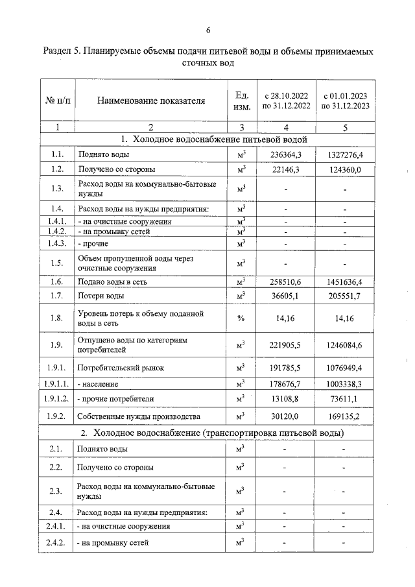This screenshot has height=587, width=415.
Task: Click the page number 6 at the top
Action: pos(208,30)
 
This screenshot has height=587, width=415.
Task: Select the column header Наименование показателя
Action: pos(150,101)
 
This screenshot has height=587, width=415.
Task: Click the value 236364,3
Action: pos(285,154)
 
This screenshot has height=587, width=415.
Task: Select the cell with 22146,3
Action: pos(285,170)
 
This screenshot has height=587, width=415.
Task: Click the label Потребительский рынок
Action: pos(121,368)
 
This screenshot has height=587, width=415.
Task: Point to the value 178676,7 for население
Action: pos(285,384)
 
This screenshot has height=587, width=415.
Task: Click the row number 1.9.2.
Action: pos(57,416)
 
